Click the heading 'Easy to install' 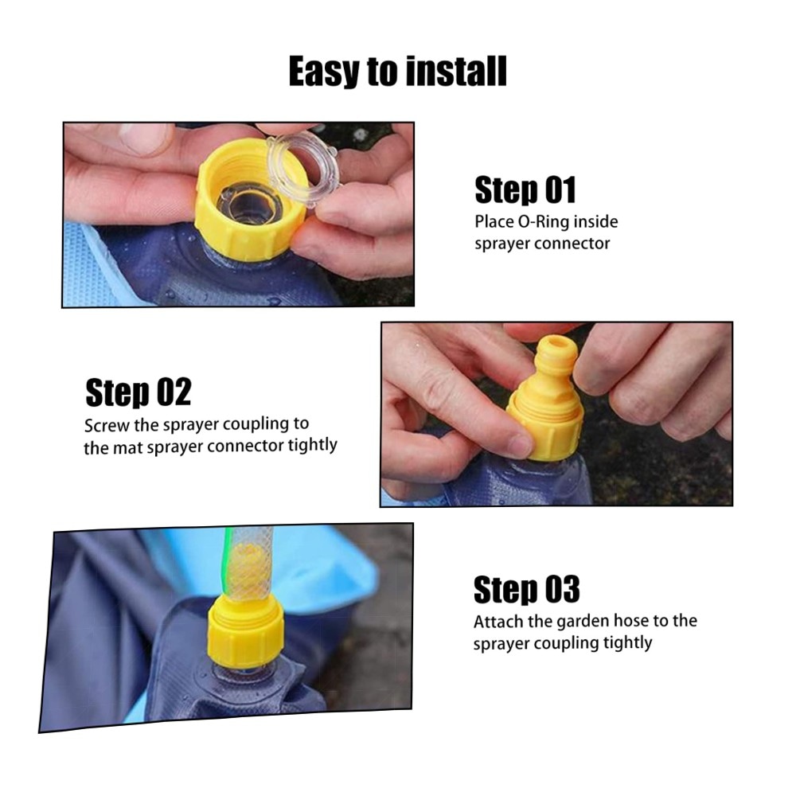(397, 72)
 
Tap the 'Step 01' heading (525, 190)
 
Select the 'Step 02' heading (138, 392)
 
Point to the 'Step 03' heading (526, 589)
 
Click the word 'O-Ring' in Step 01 (543, 222)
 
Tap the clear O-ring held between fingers (304, 170)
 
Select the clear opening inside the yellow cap (248, 203)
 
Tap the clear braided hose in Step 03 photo (248, 564)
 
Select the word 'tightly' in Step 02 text (312, 445)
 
